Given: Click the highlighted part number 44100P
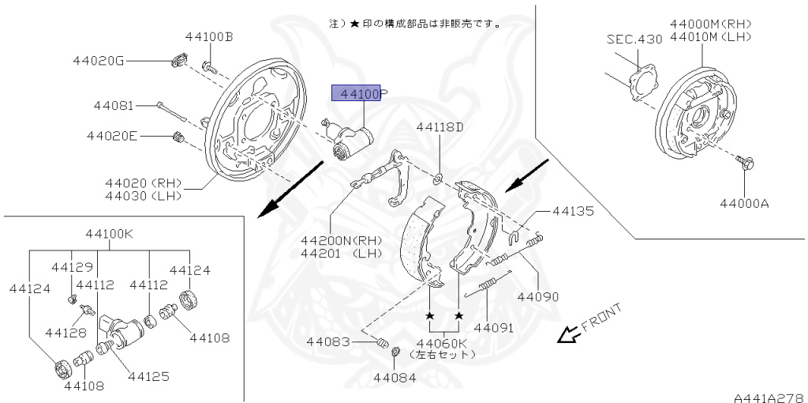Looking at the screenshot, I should (x=360, y=94).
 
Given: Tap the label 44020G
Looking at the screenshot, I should (x=98, y=61).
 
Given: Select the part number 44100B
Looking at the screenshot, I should (x=209, y=36).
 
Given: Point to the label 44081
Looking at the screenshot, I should (x=114, y=105).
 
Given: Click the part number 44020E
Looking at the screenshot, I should (x=113, y=136).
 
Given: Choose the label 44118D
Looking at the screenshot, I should (x=440, y=126).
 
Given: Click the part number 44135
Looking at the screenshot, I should (x=573, y=211).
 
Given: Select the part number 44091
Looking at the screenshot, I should (x=494, y=326).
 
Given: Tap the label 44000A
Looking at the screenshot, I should (x=743, y=203).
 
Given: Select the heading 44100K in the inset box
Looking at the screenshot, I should (x=110, y=235).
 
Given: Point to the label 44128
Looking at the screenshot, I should (x=65, y=333).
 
